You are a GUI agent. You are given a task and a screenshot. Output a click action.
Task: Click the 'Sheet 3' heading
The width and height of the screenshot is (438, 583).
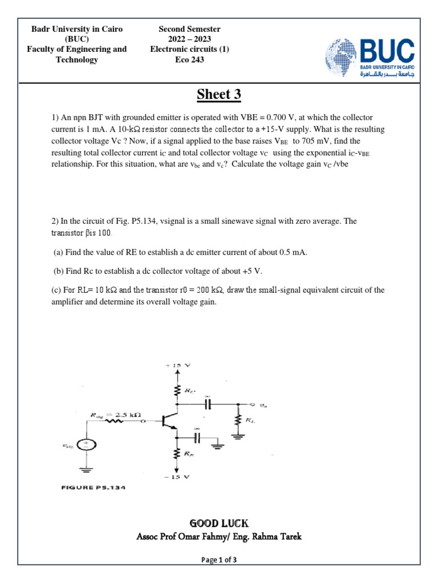pos(218,95)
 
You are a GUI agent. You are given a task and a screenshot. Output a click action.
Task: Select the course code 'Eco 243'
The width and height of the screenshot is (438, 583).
pos(189,60)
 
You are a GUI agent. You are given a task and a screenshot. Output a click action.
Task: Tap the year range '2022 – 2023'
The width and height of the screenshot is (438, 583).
pos(189,39)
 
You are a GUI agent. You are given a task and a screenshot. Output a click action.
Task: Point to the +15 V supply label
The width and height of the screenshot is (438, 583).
pos(179,364)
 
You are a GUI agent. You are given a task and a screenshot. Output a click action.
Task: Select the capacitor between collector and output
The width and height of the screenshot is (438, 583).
pos(208,404)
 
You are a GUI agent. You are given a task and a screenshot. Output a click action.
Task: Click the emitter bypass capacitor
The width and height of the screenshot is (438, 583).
pos(197,437)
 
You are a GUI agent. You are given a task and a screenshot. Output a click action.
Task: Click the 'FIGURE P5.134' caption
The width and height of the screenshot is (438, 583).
pos(93,488)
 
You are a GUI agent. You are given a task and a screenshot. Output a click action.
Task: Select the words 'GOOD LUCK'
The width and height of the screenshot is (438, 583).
pos(219,523)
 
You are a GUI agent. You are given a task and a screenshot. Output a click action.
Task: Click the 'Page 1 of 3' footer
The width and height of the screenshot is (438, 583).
pos(219,560)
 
